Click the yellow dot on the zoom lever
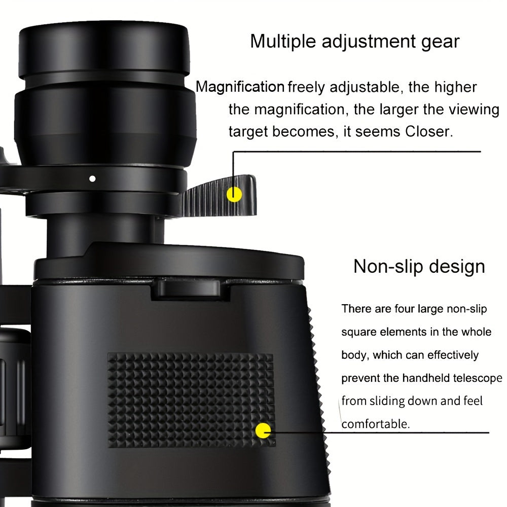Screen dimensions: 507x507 tap(234, 194)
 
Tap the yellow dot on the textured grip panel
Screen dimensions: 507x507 tap(263, 431)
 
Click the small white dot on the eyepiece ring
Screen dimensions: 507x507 tap(92, 178)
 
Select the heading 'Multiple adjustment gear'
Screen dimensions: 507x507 tap(354, 41)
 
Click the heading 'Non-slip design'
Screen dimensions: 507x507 tap(419, 266)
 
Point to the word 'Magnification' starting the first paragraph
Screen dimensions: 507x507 tap(240, 87)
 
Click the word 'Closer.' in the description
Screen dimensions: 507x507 tap(428, 131)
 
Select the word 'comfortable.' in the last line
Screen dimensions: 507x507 tap(375, 424)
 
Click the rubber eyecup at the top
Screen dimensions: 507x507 tap(104, 51)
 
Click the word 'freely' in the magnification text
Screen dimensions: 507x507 tap(307, 87)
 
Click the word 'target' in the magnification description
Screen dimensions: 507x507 tap(248, 131)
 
